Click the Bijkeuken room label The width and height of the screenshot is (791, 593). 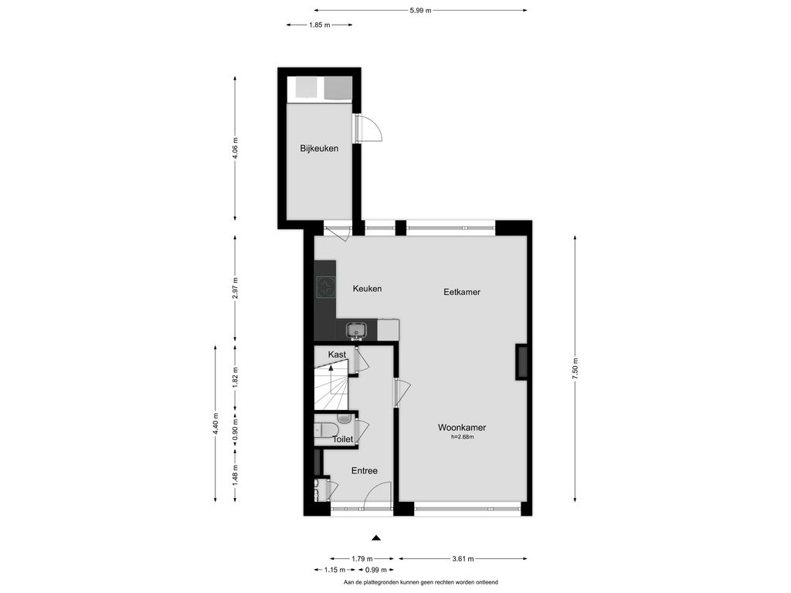point(319,148)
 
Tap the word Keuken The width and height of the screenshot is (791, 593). point(367,289)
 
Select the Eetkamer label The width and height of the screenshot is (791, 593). point(462,291)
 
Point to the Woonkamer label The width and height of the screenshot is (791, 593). point(462,428)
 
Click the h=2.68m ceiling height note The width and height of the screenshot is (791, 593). point(463,437)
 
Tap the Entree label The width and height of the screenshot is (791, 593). point(365,470)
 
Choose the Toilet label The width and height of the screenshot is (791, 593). point(342,439)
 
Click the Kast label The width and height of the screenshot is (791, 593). point(337,354)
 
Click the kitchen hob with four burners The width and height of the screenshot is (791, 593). point(326,287)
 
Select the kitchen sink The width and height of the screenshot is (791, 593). point(357,330)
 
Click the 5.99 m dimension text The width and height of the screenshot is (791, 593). point(421,10)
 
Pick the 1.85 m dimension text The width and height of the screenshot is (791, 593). point(319,25)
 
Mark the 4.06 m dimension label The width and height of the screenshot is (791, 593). point(235,148)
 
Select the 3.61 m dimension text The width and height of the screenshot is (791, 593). point(463,559)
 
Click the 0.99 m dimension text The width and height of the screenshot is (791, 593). point(376,570)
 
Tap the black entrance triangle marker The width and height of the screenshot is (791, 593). point(376,538)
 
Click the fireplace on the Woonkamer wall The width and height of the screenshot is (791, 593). point(521,362)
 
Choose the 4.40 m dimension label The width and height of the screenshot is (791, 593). point(216,424)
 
